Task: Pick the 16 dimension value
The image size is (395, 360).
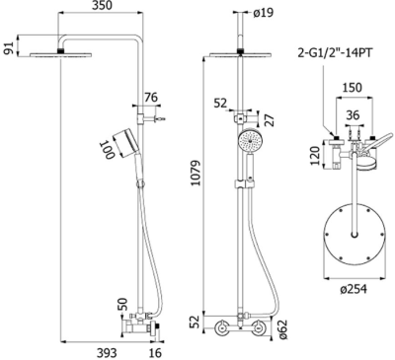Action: (x=154, y=351)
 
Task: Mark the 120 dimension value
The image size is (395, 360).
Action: (x=313, y=155)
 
